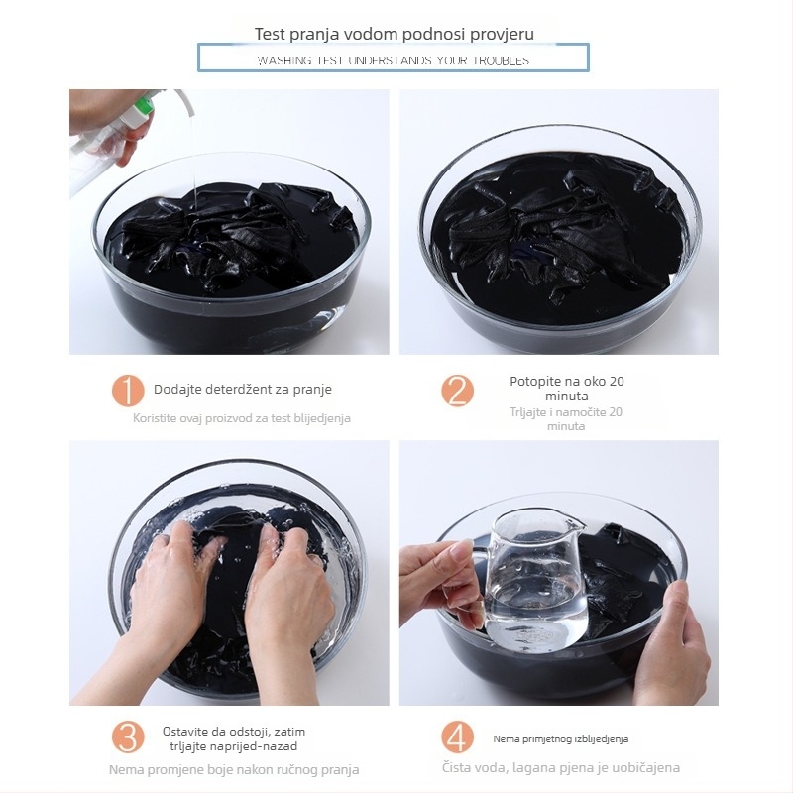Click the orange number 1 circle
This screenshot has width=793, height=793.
tap(128, 391)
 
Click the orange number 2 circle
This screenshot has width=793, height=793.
tap(457, 391)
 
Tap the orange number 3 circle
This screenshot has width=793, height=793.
tap(128, 737)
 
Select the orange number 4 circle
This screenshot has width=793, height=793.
tap(457, 737)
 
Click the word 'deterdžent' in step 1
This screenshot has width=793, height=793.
tap(232, 389)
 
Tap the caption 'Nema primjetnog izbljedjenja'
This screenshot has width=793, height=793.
tap(561, 739)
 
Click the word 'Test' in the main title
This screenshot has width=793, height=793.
tap(270, 34)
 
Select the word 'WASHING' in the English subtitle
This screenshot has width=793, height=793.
tap(284, 61)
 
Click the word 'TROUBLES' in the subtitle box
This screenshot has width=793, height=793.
tap(501, 61)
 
